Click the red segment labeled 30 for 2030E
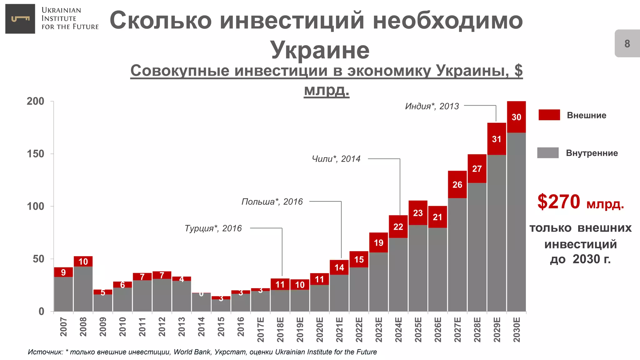(x=516, y=117)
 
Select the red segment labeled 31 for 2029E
(x=497, y=139)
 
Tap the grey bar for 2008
(x=83, y=289)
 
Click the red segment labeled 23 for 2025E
(x=418, y=213)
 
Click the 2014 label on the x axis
(x=201, y=327)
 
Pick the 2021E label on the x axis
(x=339, y=330)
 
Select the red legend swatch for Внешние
(x=549, y=115)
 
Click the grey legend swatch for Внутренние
(x=548, y=153)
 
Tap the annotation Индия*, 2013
(x=432, y=106)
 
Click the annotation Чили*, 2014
(x=336, y=159)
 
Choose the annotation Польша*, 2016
(x=272, y=202)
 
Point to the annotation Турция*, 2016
(x=213, y=228)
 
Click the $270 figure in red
(x=558, y=202)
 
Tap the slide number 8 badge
(x=627, y=43)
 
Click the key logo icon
(x=20, y=19)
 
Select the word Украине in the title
(x=320, y=50)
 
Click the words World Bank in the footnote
(x=192, y=352)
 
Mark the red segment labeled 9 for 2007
(x=63, y=272)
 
